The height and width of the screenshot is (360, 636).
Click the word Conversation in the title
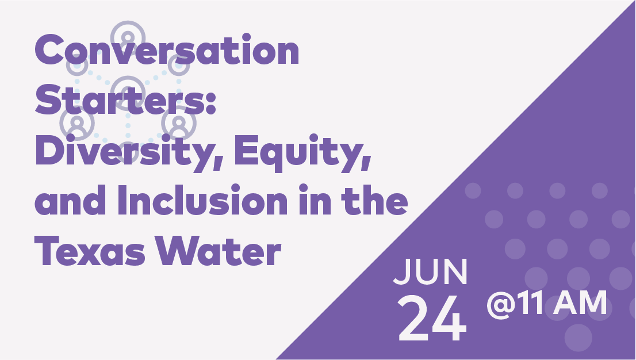point(167,50)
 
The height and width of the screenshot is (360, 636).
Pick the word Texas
point(90,250)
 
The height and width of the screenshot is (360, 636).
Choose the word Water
point(218,250)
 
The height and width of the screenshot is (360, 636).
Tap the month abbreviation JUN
point(430,271)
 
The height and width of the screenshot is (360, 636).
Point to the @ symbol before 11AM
point(501,305)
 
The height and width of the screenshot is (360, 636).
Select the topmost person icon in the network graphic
point(128,38)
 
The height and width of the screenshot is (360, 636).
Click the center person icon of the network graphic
point(128,92)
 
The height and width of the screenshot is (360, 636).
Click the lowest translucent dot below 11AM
point(578,337)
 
